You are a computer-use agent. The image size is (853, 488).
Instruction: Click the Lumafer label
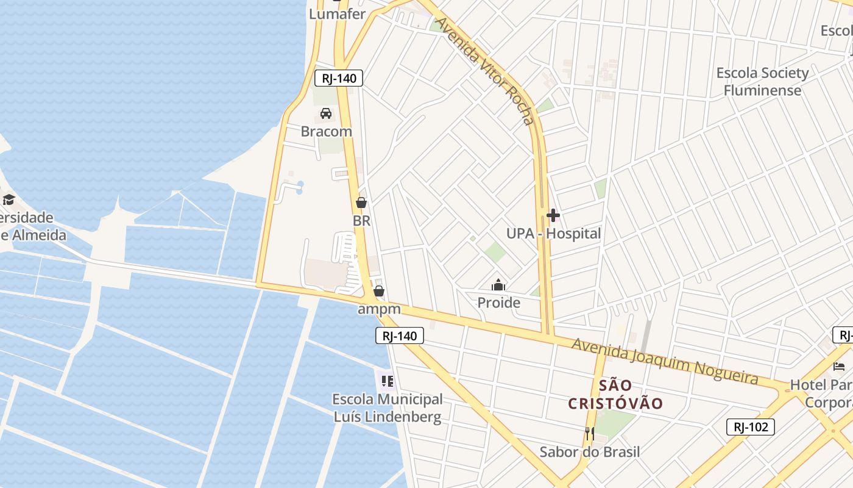click(x=337, y=13)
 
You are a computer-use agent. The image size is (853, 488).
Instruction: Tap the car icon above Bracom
click(x=326, y=113)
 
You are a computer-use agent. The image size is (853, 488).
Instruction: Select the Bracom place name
click(x=326, y=131)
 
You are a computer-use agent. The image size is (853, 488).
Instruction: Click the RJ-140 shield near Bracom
click(x=339, y=78)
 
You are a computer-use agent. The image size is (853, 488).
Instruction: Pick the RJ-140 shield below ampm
click(x=399, y=335)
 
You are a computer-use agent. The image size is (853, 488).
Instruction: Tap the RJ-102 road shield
click(x=750, y=427)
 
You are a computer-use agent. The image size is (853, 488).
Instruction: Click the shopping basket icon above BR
click(x=361, y=203)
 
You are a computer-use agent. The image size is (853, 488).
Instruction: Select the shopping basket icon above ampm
click(x=379, y=291)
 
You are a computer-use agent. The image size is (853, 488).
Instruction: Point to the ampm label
click(x=379, y=309)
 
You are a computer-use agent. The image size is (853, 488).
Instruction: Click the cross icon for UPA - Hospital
click(x=553, y=215)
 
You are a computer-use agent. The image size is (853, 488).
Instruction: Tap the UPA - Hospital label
click(x=553, y=234)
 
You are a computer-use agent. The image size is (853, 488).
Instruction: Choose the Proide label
click(x=498, y=303)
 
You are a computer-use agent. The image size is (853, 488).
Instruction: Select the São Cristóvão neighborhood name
click(x=615, y=394)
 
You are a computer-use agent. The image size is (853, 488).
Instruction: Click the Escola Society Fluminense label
click(x=762, y=82)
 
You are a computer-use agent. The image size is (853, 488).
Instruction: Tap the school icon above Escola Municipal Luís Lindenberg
click(x=387, y=382)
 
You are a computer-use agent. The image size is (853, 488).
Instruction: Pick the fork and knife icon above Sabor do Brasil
click(x=589, y=434)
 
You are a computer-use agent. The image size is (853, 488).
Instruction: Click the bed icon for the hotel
click(x=839, y=367)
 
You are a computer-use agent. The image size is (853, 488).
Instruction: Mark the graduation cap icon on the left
click(x=9, y=199)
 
